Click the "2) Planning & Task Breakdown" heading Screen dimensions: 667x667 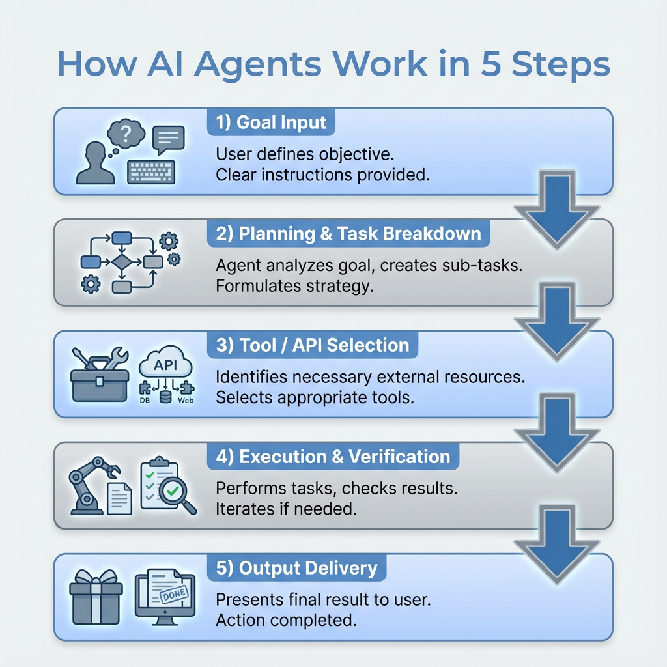click(348, 234)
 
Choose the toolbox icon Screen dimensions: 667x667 click(100, 372)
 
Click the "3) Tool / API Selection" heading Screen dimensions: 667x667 click(312, 345)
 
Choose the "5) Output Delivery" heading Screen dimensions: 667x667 click(296, 568)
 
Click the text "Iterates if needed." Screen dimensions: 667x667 click(286, 509)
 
